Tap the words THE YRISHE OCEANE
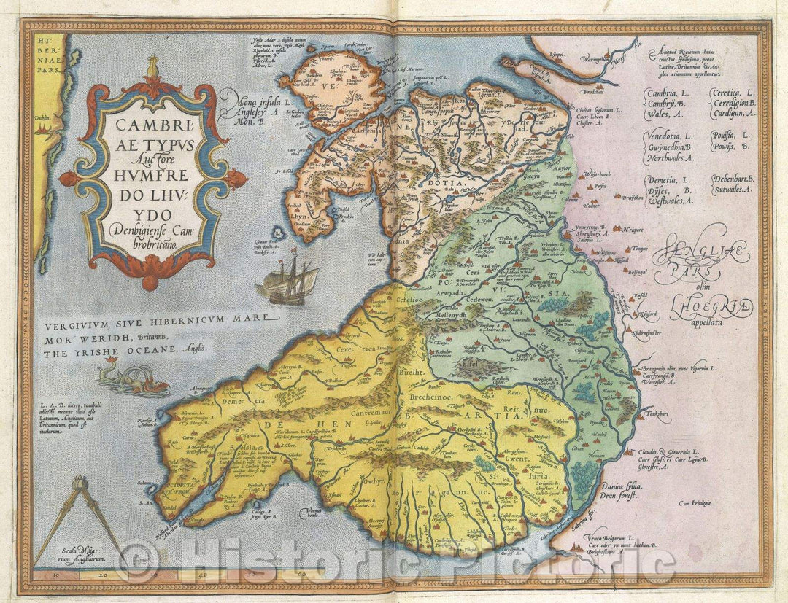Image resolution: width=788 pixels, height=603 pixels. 123,348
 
